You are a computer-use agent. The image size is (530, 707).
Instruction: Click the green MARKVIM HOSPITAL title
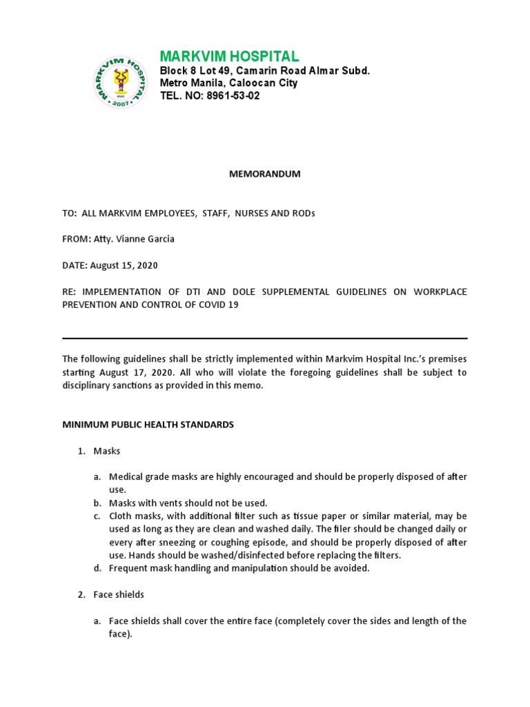pos(229,56)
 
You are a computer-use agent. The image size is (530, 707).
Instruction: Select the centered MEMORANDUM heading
pos(265,174)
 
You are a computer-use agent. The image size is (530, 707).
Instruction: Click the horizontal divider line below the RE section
pos(265,338)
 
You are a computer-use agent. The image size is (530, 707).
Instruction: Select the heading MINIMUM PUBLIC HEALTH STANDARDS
pos(148,425)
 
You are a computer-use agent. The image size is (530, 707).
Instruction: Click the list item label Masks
pos(107,451)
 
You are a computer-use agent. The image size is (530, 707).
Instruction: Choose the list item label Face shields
pos(119,594)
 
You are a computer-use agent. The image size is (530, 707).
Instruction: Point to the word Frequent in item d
pos(128,568)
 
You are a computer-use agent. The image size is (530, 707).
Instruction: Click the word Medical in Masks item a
pos(126,476)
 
